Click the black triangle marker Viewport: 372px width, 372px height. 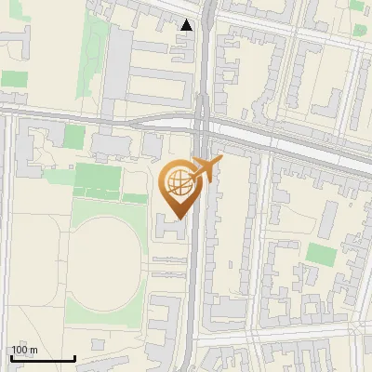[x=188, y=25]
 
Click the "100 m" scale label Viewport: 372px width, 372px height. [x=24, y=350]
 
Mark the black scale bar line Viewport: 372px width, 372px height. [x=43, y=358]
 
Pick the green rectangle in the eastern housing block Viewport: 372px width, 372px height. [x=321, y=254]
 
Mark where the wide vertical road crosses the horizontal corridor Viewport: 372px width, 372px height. [x=202, y=126]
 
